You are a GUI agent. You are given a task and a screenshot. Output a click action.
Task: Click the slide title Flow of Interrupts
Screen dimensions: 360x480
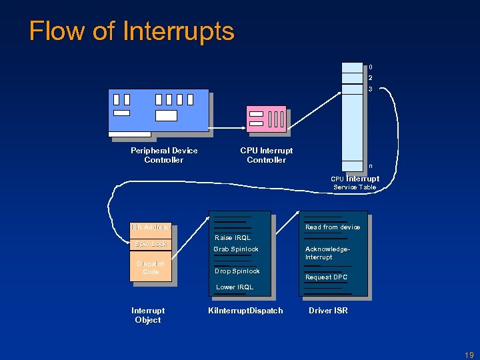[x=132, y=31]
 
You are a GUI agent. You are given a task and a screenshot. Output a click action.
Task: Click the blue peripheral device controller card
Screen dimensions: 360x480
[x=159, y=110]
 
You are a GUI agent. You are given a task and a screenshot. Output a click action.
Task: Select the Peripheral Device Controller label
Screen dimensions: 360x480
[x=164, y=155]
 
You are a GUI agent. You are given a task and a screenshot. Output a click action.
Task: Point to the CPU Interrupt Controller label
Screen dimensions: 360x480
[x=266, y=155]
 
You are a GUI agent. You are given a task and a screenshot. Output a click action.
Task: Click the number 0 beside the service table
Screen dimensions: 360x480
[x=371, y=67]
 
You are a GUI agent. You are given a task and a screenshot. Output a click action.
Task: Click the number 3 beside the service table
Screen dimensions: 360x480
[x=371, y=89]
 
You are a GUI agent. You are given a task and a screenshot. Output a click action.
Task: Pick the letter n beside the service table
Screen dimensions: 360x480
[x=371, y=166]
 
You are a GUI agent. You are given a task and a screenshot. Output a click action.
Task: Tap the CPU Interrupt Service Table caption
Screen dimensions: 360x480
[x=355, y=183]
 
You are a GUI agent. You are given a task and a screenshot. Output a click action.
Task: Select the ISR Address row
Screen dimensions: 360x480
[x=151, y=227]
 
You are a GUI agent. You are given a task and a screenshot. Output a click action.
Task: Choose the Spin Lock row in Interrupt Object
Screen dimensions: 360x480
[x=151, y=244]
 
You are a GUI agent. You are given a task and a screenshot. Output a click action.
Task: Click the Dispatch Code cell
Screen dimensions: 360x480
[x=151, y=267]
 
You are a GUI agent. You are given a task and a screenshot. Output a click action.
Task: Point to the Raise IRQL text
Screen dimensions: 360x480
[x=233, y=238]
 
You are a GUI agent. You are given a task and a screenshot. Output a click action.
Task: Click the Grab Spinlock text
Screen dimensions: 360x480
[x=236, y=249]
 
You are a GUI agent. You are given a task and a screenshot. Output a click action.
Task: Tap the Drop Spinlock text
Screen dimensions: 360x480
[x=237, y=271]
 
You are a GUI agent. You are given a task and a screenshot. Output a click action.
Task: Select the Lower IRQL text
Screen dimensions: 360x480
[x=234, y=287]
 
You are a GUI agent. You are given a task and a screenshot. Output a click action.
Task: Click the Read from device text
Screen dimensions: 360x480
[x=333, y=227]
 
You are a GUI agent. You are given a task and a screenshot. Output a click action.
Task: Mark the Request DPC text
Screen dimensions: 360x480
[x=326, y=277]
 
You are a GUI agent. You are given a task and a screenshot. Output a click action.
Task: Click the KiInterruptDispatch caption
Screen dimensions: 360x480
[x=245, y=311]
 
